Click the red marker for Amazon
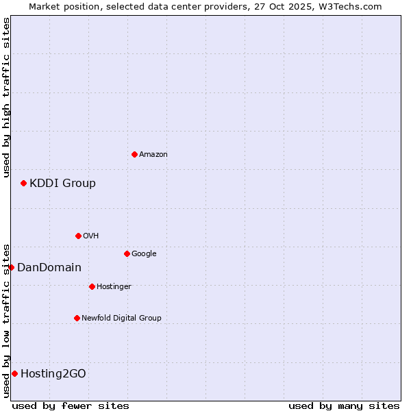(x=134, y=154)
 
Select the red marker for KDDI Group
(x=23, y=183)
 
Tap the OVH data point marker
(x=78, y=236)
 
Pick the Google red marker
(x=127, y=253)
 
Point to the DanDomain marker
(x=11, y=267)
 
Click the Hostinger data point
(x=92, y=286)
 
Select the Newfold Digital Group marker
(x=77, y=318)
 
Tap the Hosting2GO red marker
(x=14, y=373)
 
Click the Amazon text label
(x=153, y=155)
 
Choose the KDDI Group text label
(x=62, y=184)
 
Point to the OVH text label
(x=91, y=236)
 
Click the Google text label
(x=144, y=254)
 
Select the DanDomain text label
(x=49, y=268)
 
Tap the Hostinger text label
(x=114, y=287)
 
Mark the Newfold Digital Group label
(x=121, y=319)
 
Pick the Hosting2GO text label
(x=53, y=374)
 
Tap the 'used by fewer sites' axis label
(x=71, y=406)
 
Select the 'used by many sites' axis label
(x=344, y=406)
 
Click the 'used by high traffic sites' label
(x=6, y=97)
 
